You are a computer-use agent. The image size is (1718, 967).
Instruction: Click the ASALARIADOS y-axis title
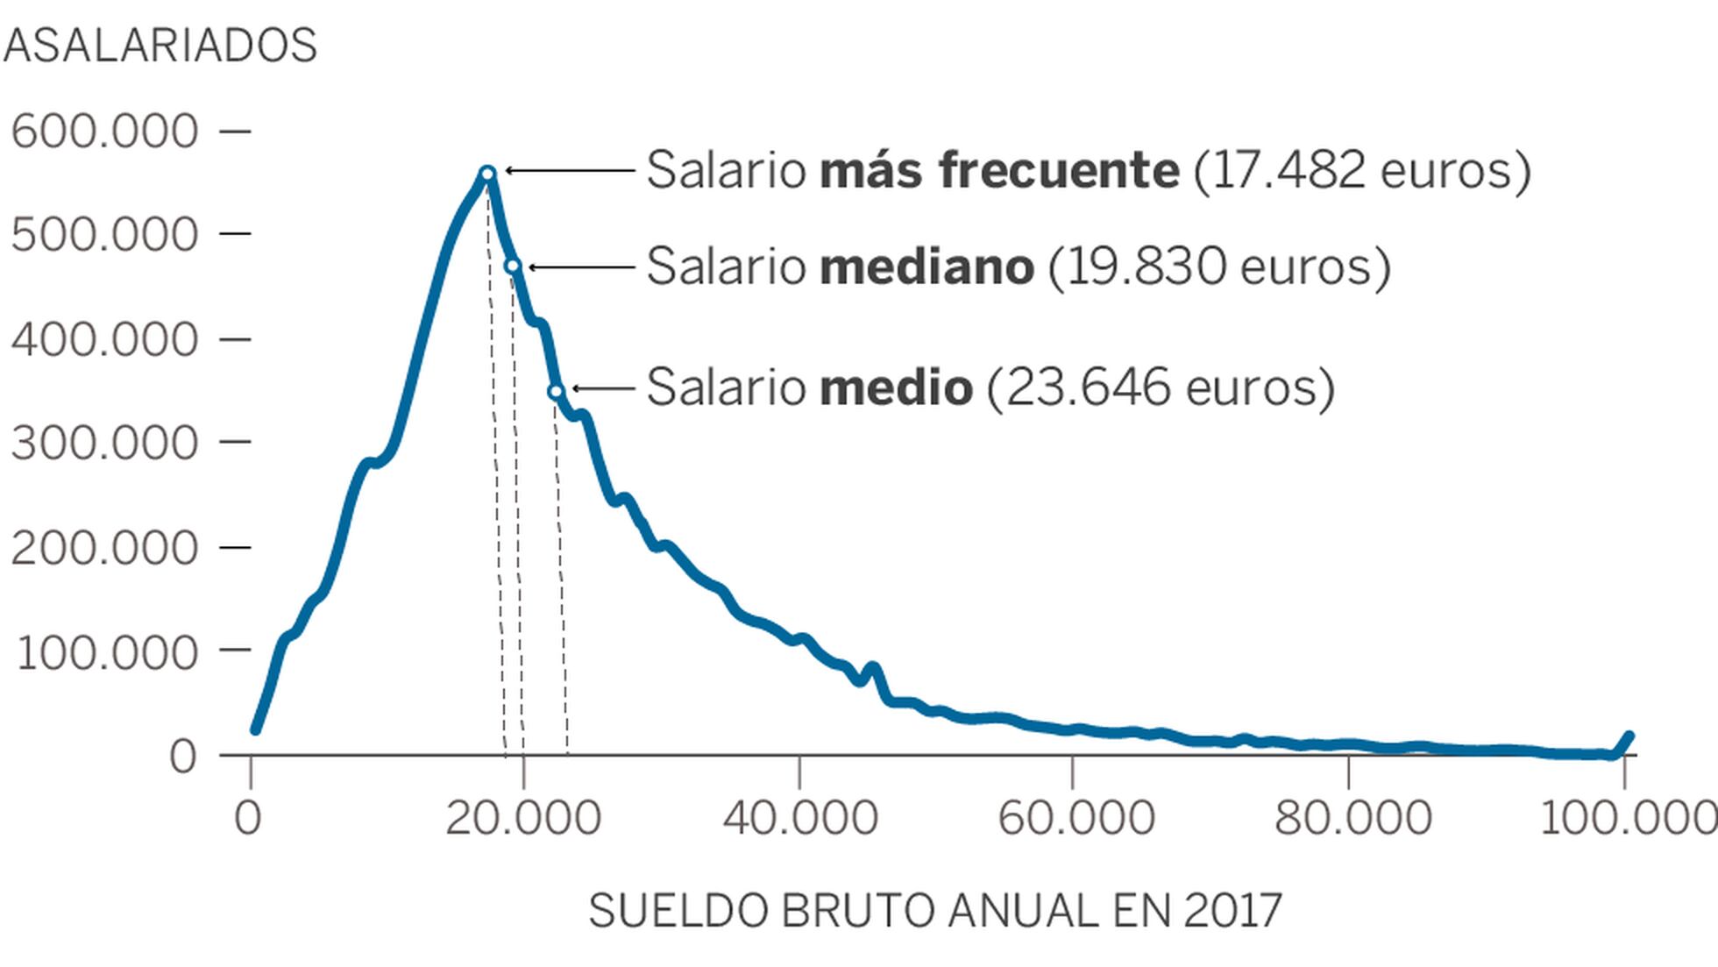coord(160,46)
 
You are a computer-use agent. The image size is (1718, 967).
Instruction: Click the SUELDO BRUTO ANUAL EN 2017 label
coord(935,911)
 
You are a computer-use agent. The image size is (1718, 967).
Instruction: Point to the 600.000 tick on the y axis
coord(104,132)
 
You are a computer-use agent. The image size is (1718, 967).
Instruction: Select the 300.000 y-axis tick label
coord(104,443)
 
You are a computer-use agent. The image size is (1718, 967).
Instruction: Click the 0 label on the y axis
coord(182,757)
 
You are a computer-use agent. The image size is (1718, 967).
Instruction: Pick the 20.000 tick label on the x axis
coord(523,818)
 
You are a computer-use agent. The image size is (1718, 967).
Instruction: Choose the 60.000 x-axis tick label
coord(1076,818)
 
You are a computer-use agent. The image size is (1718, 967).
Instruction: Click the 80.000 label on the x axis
coord(1352,818)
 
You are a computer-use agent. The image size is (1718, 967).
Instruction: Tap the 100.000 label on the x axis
coord(1627,818)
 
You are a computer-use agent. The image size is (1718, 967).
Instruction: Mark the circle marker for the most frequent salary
coord(488,174)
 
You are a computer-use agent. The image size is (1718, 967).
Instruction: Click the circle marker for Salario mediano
coord(513,266)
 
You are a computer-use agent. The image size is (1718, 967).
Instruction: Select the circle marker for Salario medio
coord(556,391)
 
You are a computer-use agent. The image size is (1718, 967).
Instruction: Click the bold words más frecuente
coord(998,170)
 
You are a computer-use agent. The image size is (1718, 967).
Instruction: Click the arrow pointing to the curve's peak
coord(570,171)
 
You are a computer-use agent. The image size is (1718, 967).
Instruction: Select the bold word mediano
coord(926,266)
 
